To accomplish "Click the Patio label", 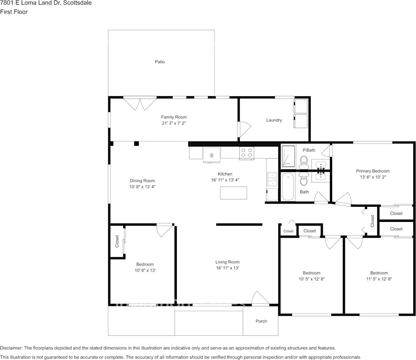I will point(160,62).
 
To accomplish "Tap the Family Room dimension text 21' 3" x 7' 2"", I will point(174,123).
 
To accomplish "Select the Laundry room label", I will point(274,120).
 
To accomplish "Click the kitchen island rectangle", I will point(233,193).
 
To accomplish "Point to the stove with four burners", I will point(246,153).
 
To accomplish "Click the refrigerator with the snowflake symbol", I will point(211,155).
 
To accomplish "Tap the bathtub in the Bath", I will point(288,186).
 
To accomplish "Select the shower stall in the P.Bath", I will point(288,156).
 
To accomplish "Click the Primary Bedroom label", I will point(372,171).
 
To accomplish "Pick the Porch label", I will point(261,321).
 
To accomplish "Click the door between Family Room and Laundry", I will point(243,129).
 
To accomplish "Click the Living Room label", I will point(227,262).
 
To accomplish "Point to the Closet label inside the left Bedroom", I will point(117,241).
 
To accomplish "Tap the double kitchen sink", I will point(273,179).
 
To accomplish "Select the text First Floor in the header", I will point(14,12).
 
